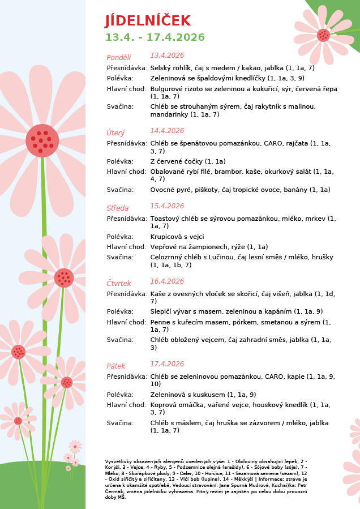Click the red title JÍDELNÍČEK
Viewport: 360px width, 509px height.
[x=148, y=21]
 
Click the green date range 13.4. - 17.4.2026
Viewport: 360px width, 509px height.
[x=155, y=37]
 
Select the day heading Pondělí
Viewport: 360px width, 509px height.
[x=119, y=57]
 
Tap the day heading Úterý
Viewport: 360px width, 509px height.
[x=115, y=132]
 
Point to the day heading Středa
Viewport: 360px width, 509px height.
[x=118, y=208]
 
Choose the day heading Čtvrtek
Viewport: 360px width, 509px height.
[x=119, y=283]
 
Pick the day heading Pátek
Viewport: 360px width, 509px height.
[x=116, y=366]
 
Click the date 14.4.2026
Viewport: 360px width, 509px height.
[x=167, y=131]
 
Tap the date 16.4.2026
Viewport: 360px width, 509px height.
[x=167, y=281]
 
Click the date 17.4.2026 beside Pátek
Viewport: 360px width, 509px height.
[x=167, y=364]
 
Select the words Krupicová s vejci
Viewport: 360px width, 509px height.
[x=177, y=237]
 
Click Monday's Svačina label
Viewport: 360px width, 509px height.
[x=120, y=106]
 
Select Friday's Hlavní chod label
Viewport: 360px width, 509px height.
[x=126, y=405]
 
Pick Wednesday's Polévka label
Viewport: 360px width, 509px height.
[x=120, y=237]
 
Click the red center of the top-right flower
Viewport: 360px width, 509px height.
[x=323, y=35]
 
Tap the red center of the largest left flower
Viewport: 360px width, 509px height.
[x=42, y=140]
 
